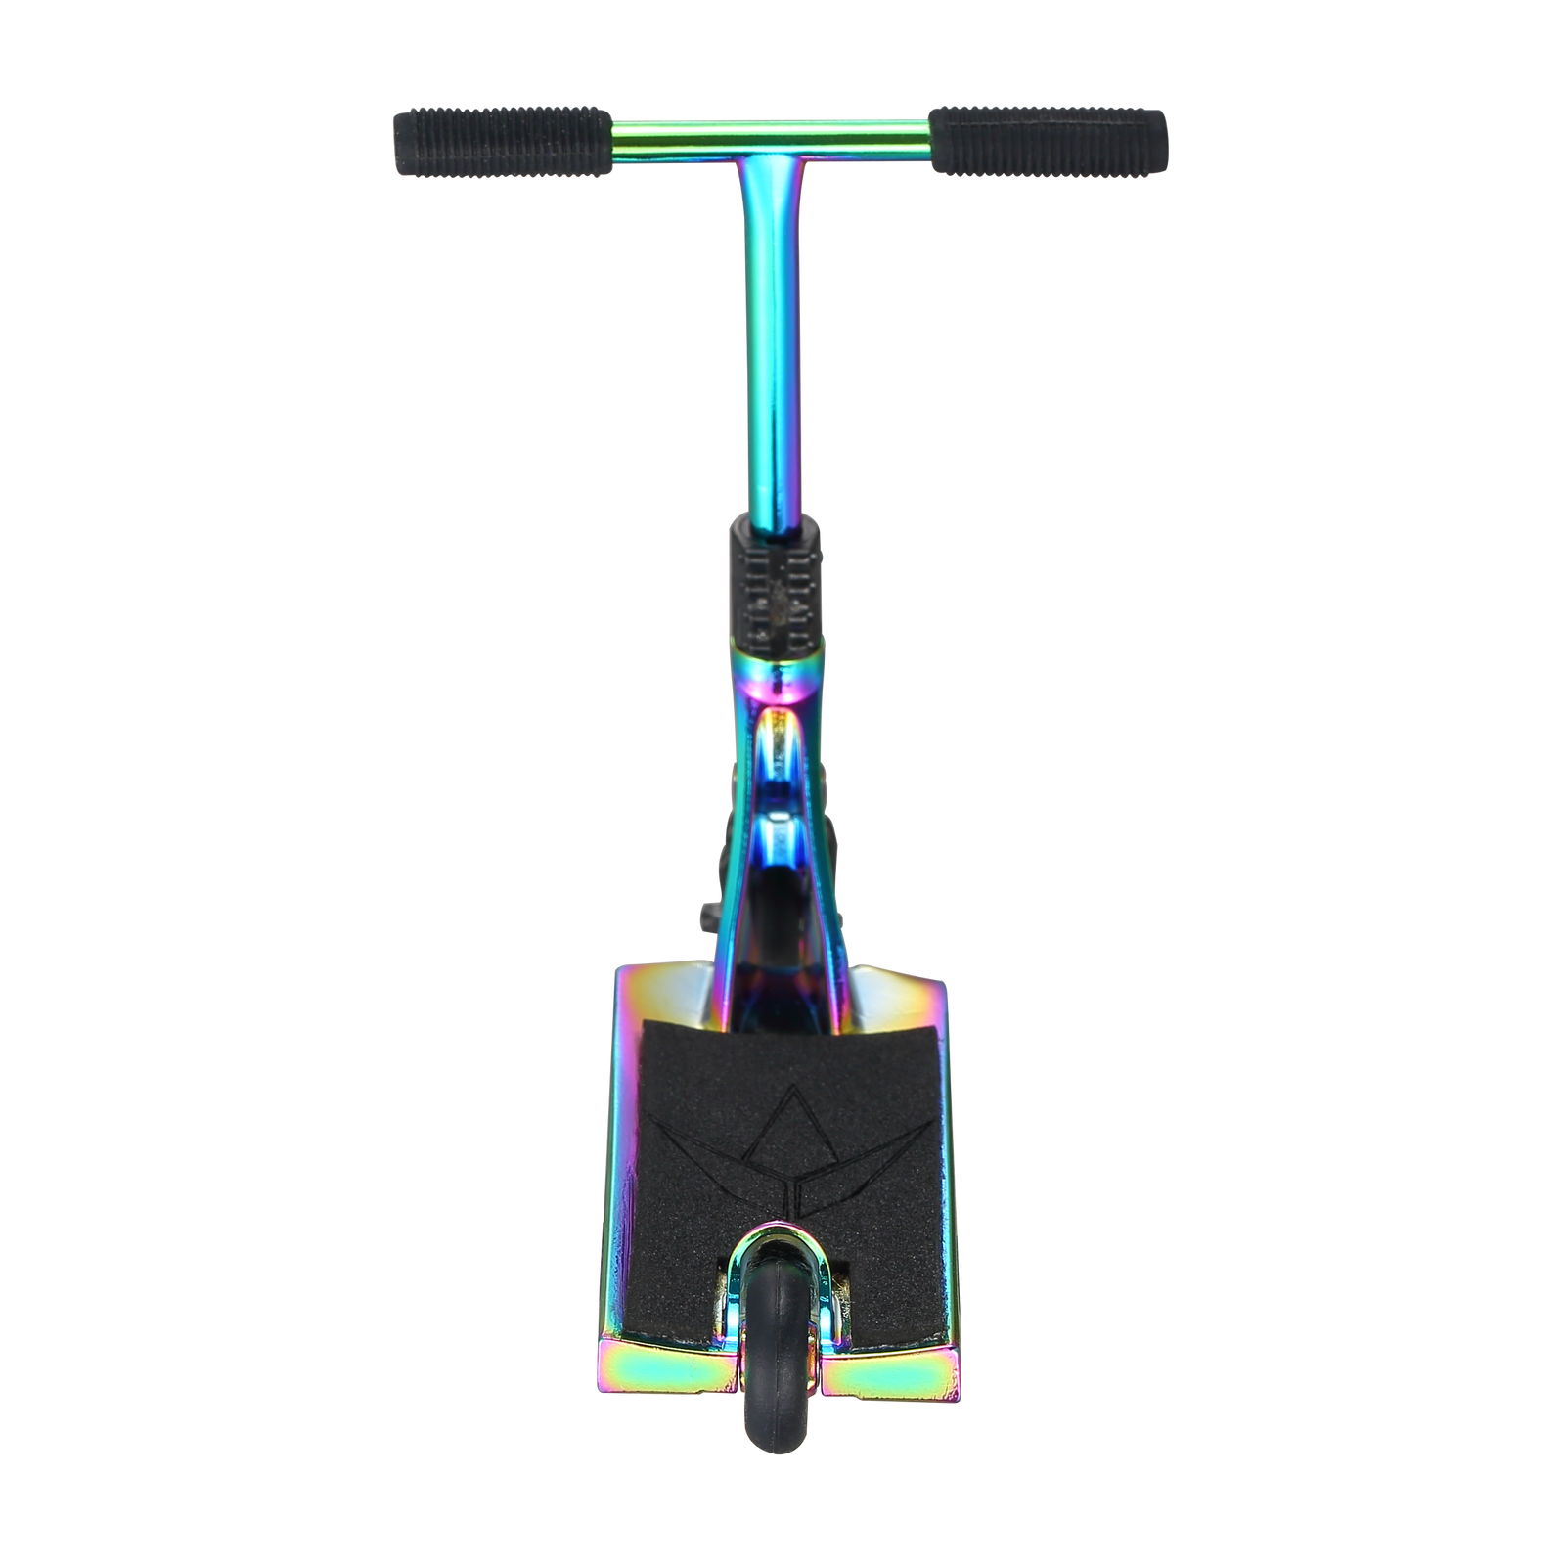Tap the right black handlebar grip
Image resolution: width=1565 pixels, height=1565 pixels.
1049,142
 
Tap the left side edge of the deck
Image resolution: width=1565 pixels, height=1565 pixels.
627,1223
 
